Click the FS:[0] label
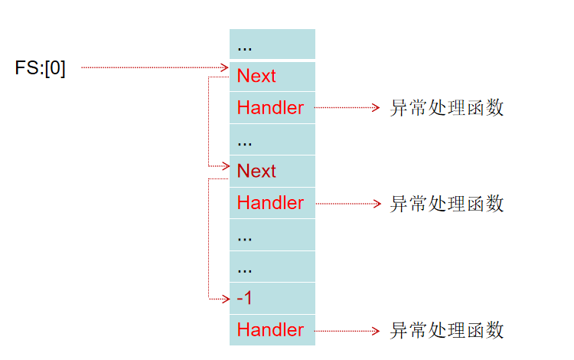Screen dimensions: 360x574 pos(41,68)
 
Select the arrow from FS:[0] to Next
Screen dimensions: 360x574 pos(153,67)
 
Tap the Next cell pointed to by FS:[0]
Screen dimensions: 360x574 pos(272,76)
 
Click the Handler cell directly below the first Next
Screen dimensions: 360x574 pos(272,108)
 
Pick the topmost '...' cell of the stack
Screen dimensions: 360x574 pos(272,44)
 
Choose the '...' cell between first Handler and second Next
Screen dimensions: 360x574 pos(272,140)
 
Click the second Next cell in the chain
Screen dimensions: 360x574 pos(272,171)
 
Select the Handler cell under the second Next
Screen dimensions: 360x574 pos(272,203)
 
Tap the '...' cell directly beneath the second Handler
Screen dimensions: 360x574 pos(272,235)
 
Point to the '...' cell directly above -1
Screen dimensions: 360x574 pos(272,267)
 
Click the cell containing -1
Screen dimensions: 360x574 pos(272,298)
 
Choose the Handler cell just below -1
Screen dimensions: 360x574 pos(272,330)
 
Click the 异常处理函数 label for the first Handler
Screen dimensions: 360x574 pos(447,108)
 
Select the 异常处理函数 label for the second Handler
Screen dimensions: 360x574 pos(447,204)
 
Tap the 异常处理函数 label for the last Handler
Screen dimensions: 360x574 pos(447,330)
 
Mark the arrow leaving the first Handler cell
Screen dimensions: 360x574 pos(346,108)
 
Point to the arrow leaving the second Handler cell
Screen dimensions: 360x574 pos(346,204)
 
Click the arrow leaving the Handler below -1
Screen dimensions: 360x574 pos(346,330)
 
